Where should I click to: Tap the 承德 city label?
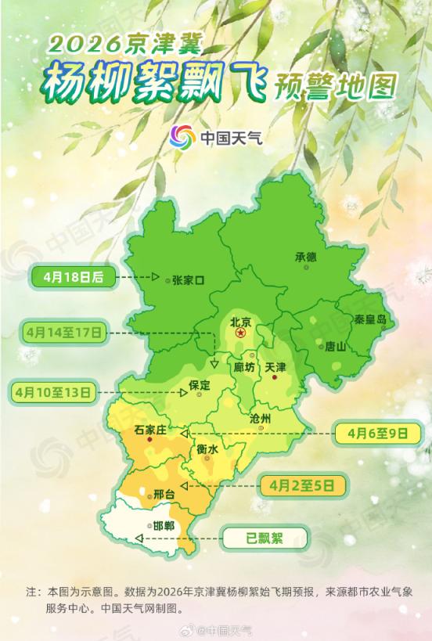(305, 256)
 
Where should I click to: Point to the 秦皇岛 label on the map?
(369, 319)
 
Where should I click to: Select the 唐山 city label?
(335, 347)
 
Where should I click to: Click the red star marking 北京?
(241, 334)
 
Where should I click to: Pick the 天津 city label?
(275, 366)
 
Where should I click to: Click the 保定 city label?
(200, 385)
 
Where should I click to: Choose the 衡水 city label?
(207, 448)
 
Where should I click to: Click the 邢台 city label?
(164, 495)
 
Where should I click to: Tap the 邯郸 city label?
(164, 525)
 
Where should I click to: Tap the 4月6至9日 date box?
(379, 432)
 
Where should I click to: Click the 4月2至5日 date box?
(308, 485)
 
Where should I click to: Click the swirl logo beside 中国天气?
(182, 139)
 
